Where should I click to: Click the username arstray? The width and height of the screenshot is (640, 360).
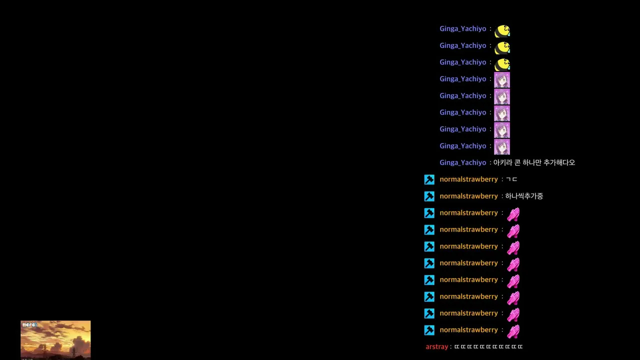pos(436,346)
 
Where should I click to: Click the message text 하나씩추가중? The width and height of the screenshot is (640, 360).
pos(524,196)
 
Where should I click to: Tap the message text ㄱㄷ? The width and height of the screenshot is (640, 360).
pos(511,179)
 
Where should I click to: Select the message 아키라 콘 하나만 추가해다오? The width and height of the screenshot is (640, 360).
pos(534,162)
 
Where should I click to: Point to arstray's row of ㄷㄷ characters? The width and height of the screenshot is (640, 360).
pos(488,346)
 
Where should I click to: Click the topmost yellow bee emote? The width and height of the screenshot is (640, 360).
pos(502,31)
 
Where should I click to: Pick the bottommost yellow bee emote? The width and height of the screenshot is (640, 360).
pos(502,64)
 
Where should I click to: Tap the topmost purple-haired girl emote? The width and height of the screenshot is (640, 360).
pos(502,79)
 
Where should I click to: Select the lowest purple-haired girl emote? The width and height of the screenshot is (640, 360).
pos(502,146)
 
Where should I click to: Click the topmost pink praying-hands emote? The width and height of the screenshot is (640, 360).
pos(513,214)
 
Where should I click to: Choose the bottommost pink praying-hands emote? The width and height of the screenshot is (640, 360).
pos(513,331)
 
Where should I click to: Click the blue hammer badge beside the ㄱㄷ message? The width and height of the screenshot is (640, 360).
pos(429,179)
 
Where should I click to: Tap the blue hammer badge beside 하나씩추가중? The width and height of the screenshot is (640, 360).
pos(429,196)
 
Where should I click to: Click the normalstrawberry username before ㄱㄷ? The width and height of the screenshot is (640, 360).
pos(468,179)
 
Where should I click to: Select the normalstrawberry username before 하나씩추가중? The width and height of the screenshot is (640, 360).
pos(468,196)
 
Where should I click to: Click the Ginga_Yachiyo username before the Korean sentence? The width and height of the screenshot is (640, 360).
pos(463,162)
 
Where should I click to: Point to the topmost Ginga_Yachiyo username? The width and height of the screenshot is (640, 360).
pos(463,29)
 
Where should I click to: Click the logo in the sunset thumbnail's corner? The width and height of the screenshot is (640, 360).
pos(29,324)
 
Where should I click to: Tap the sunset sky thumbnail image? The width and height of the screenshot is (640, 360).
pos(55,340)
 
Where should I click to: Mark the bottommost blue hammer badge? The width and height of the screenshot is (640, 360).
pos(429,330)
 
